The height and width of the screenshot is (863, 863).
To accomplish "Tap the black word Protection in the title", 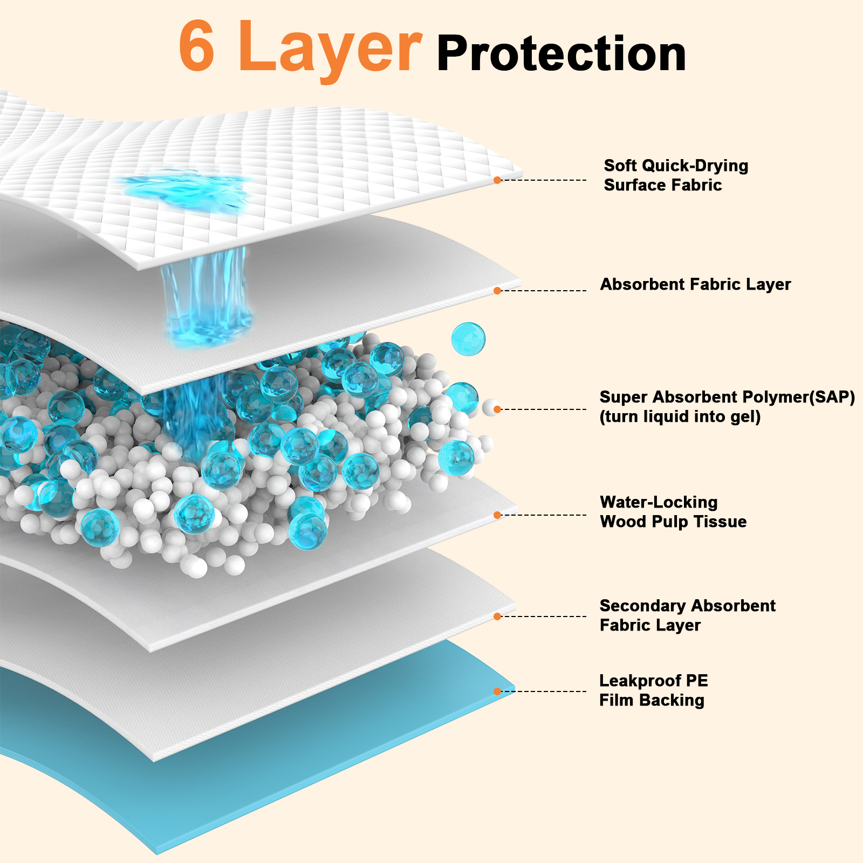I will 561,54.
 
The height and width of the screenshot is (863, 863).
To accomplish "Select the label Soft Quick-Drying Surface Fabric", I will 675,175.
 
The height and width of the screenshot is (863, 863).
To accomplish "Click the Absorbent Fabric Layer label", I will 695,284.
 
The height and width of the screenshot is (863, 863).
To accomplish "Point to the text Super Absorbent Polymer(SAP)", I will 727,397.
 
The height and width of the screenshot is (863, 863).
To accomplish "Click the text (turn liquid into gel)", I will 680,416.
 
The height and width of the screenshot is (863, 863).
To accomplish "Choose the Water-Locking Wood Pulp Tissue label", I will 673,512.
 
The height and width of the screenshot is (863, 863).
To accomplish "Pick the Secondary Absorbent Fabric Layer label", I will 687,615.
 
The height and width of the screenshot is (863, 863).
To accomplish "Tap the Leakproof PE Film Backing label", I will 653,690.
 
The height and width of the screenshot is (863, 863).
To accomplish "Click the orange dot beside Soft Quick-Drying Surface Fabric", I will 497,180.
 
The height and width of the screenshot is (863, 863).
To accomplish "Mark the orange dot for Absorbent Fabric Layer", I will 497,291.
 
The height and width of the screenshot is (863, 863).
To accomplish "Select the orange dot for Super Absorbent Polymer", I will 497,409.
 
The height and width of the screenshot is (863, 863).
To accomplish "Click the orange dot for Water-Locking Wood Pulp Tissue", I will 497,515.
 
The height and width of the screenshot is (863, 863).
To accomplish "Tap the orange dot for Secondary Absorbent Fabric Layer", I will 497,617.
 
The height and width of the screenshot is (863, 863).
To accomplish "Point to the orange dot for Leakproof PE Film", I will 497,691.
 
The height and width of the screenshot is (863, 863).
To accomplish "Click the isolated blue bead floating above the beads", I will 468,339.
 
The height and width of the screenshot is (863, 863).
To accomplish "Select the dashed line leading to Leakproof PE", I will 545,691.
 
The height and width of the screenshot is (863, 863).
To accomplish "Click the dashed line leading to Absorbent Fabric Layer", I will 545,291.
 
